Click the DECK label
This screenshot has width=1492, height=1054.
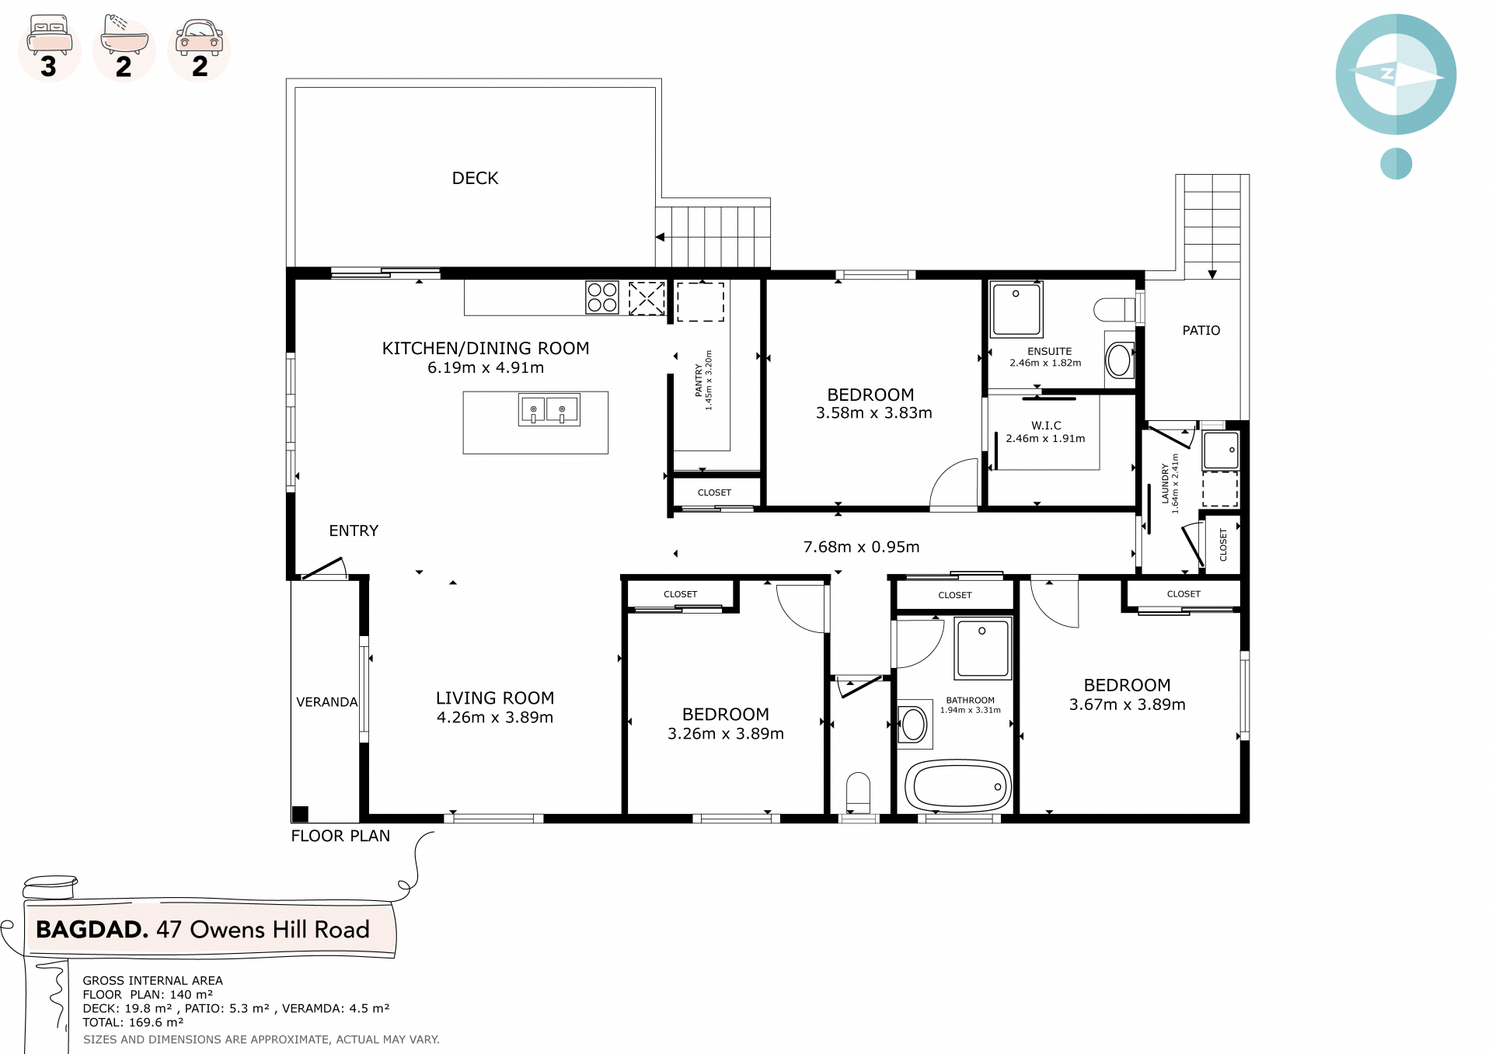(x=475, y=179)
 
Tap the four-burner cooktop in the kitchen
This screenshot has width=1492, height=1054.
(x=602, y=297)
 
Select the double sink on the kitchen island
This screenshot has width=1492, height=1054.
(x=549, y=409)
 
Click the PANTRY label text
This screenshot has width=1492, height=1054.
(x=699, y=380)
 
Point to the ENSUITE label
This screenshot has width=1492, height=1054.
(x=1049, y=352)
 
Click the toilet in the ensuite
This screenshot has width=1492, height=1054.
(x=1115, y=310)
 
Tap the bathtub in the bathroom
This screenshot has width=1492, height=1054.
(x=959, y=786)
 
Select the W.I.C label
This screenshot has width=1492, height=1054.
(x=1046, y=426)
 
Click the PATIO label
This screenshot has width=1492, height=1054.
(x=1201, y=331)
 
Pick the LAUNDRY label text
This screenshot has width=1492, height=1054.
(x=1165, y=484)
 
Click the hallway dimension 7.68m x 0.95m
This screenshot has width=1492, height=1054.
(x=861, y=547)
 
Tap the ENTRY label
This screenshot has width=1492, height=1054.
(x=354, y=531)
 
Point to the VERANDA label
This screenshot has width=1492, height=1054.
(x=327, y=702)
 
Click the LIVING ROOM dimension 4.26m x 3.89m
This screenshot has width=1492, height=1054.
(x=495, y=718)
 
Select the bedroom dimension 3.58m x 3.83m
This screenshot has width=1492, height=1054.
(x=874, y=413)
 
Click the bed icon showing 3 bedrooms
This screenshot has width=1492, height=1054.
(x=50, y=36)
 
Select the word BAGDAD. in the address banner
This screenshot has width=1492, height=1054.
(x=92, y=930)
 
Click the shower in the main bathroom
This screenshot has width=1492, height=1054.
(x=983, y=648)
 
